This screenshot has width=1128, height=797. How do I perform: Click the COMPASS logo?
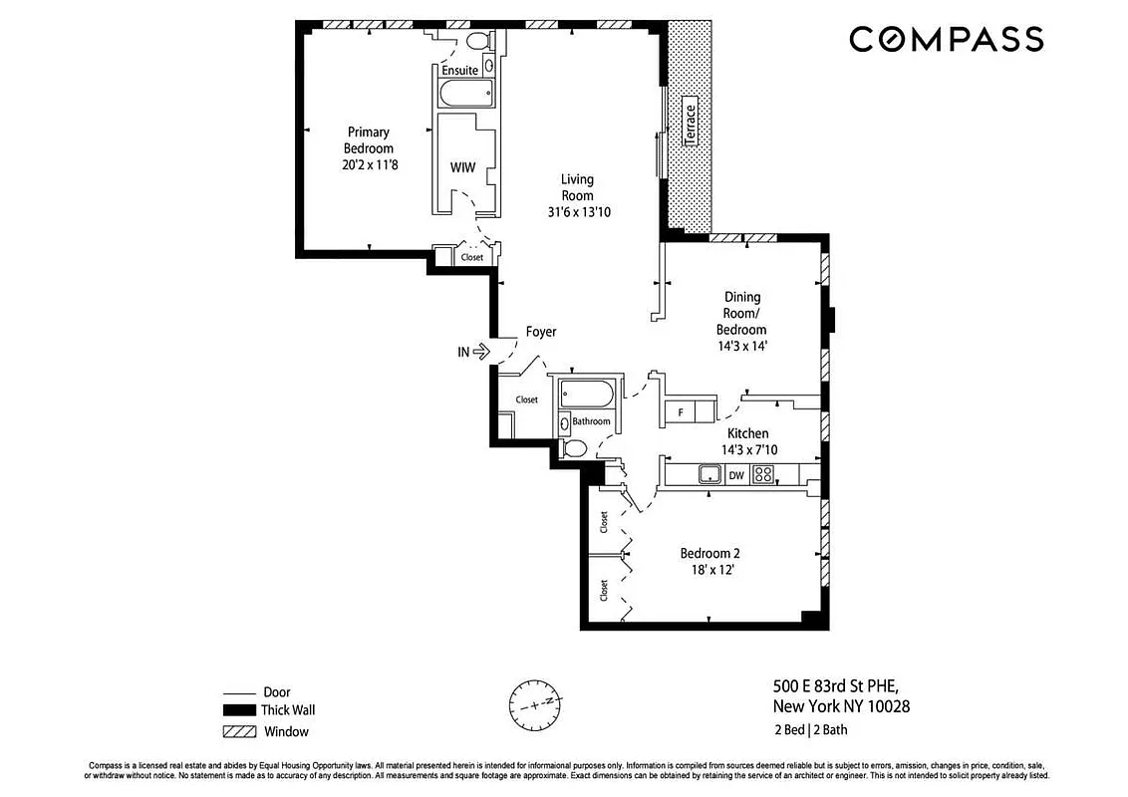(x=945, y=40)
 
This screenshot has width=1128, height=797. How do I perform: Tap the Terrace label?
(x=690, y=124)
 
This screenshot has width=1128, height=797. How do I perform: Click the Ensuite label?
(x=459, y=71)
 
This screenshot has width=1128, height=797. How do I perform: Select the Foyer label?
(x=541, y=332)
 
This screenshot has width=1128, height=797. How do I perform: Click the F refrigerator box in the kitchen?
(x=680, y=411)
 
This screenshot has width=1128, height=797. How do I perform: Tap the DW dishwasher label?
(x=735, y=476)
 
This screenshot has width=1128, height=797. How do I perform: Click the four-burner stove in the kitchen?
(x=762, y=475)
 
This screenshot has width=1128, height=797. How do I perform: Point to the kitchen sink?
(x=709, y=475)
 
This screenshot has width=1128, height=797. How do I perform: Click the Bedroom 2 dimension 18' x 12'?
(x=709, y=571)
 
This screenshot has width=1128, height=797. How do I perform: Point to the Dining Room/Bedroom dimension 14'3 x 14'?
(x=741, y=347)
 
